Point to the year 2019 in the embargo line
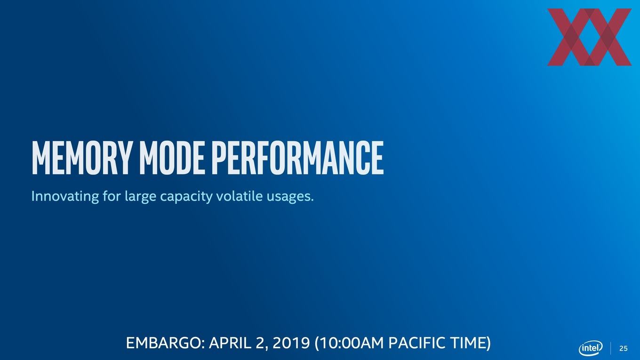click(x=291, y=343)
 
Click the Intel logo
click(x=591, y=348)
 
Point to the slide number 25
click(x=624, y=349)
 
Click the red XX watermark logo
click(x=589, y=37)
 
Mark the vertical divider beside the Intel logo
click(x=611, y=348)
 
